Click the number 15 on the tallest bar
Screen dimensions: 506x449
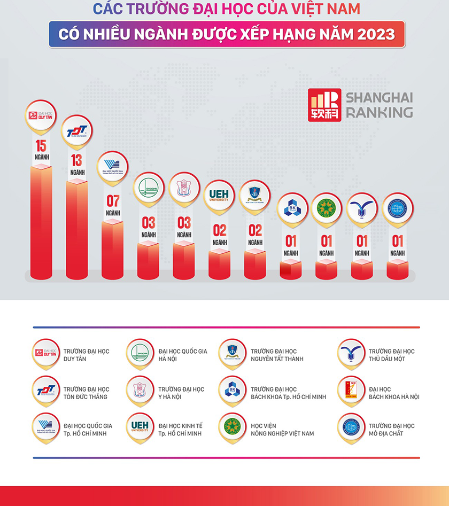[x=41, y=145]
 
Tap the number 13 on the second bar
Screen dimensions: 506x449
[x=77, y=160]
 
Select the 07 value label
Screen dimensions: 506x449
[x=113, y=201]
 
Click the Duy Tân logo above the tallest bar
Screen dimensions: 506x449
[x=41, y=114]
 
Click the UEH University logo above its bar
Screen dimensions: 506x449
[x=219, y=194]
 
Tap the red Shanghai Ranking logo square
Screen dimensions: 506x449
[x=324, y=105]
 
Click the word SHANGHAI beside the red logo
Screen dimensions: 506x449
[x=379, y=98]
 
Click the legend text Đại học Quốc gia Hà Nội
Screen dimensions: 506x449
[x=182, y=355]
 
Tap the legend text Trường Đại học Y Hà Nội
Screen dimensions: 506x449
[x=181, y=393]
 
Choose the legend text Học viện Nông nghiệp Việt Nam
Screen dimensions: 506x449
[x=282, y=430]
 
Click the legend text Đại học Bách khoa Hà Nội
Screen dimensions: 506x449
[x=393, y=393]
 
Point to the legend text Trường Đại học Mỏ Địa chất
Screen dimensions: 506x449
[x=391, y=430]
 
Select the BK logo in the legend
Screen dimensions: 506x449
[x=233, y=391]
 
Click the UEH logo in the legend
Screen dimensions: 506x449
[x=139, y=427]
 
